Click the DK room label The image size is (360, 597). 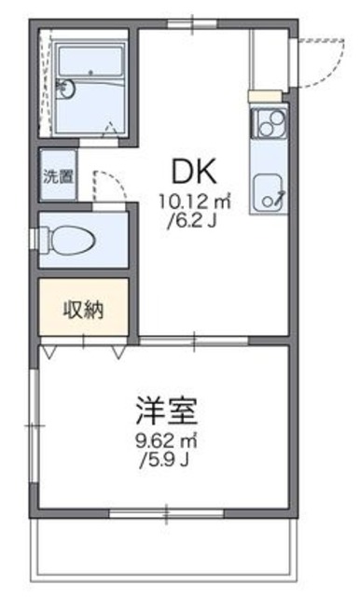pyautogui.click(x=194, y=171)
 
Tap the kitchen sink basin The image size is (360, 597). pyautogui.click(x=269, y=190)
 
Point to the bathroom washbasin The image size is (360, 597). pyautogui.click(x=62, y=89)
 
